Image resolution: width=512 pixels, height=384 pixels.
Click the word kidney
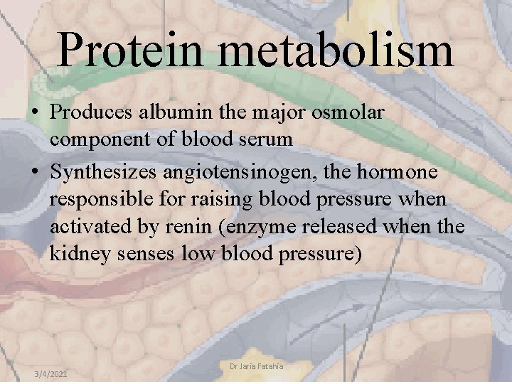coord(74,253)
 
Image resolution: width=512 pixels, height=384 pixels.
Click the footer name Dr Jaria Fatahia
coord(256,366)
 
